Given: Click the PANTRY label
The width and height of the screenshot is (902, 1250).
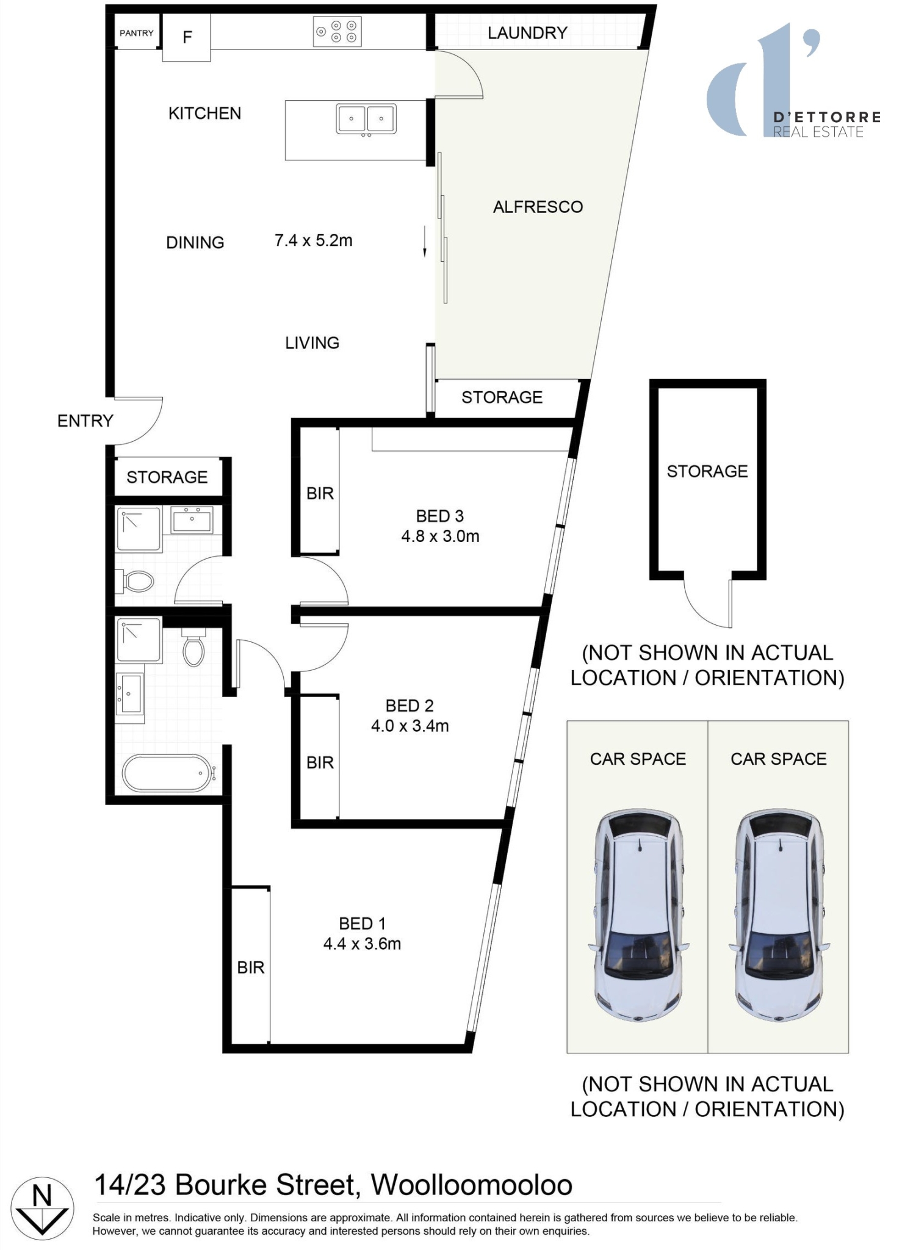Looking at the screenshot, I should pyautogui.click(x=136, y=33).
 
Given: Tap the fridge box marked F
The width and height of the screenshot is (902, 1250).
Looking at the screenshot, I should pyautogui.click(x=187, y=37).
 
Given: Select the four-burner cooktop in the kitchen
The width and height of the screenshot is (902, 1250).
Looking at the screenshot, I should pyautogui.click(x=337, y=32).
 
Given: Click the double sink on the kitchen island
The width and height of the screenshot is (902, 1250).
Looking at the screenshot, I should pyautogui.click(x=366, y=119).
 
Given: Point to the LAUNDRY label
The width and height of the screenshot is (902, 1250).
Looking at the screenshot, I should pyautogui.click(x=527, y=33).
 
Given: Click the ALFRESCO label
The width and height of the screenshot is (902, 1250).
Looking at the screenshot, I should pyautogui.click(x=538, y=207).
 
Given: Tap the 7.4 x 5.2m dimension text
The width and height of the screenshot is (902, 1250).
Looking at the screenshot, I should pyautogui.click(x=313, y=240).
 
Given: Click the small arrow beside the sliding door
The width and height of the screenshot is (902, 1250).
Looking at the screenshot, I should pyautogui.click(x=425, y=242).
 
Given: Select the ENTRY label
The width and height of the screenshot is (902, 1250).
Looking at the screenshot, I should pyautogui.click(x=85, y=421).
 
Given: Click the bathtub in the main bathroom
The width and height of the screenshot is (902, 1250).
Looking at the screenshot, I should pyautogui.click(x=167, y=773).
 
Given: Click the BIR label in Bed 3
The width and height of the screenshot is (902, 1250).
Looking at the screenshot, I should pyautogui.click(x=320, y=493).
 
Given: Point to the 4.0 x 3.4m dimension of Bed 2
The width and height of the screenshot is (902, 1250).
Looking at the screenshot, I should pyautogui.click(x=410, y=726).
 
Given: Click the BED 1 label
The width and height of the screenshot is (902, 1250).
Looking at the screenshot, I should pyautogui.click(x=362, y=923).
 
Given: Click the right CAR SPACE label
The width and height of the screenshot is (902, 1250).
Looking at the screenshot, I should pyautogui.click(x=778, y=759).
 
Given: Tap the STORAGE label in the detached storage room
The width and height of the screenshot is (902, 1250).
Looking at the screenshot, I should pyautogui.click(x=707, y=471).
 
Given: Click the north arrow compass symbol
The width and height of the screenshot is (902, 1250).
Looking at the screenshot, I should pyautogui.click(x=42, y=1208).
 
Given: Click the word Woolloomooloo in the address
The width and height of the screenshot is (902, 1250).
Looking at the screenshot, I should pyautogui.click(x=471, y=1185).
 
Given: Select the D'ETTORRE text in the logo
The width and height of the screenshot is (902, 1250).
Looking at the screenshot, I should pyautogui.click(x=826, y=117).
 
